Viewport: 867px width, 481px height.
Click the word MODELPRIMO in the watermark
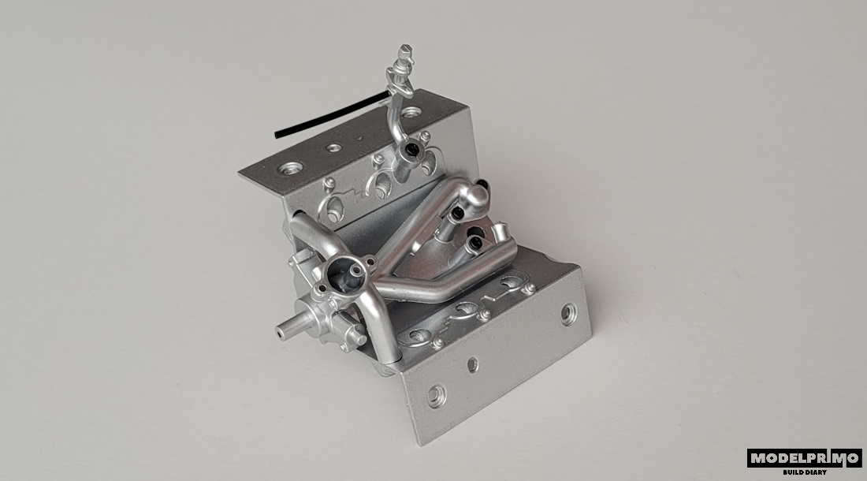tap(805, 458)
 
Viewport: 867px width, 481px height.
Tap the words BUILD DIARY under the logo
tap(805, 472)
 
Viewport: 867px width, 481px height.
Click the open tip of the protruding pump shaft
tap(280, 332)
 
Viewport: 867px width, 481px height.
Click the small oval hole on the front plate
tap(472, 364)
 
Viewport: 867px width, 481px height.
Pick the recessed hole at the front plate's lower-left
tap(435, 395)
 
